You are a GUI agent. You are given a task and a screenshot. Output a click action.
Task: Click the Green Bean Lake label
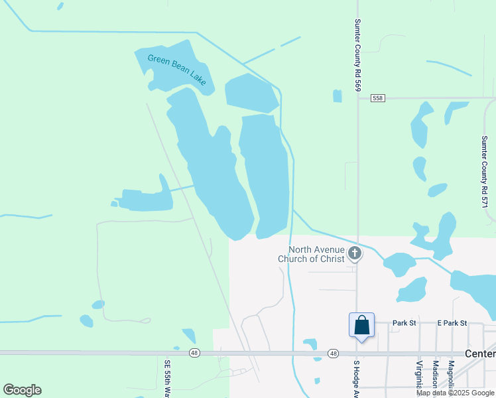tap(177, 69)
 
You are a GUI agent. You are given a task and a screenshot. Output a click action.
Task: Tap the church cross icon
tap(355, 253)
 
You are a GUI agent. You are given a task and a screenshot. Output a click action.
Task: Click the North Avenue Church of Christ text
tap(312, 254)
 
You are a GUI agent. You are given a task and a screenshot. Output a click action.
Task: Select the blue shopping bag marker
tap(361, 326)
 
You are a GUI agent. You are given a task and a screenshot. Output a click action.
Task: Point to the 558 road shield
tap(377, 98)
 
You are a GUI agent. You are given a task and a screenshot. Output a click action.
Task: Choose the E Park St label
tap(452, 323)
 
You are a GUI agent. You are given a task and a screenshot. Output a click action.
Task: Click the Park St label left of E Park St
tap(403, 323)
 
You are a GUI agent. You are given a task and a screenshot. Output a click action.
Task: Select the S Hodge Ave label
tap(356, 378)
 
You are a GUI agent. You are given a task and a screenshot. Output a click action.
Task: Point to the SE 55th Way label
tap(167, 377)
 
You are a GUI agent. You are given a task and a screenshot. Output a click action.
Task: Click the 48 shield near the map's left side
tap(194, 353)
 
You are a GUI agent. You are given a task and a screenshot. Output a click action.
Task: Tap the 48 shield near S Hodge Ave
tap(333, 354)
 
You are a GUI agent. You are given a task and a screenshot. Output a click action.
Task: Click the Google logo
tap(22, 389)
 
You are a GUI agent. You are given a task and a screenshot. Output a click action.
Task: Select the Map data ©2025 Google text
tap(456, 393)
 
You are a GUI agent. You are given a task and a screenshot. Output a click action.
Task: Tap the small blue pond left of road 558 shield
tap(338, 96)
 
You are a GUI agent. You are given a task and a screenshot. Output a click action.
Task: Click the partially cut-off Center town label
tap(480, 354)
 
